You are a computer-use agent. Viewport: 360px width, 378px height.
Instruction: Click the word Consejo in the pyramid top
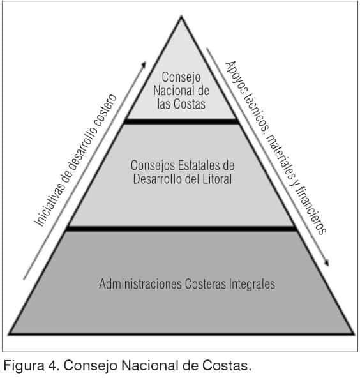coord(181,78)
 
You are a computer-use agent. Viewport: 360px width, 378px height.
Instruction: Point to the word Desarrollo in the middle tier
coord(156,179)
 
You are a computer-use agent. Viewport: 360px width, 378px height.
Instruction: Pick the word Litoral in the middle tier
coord(217,179)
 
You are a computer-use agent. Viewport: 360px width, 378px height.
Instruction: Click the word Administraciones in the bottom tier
coord(140,283)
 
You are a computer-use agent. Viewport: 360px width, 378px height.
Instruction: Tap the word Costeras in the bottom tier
coord(206,283)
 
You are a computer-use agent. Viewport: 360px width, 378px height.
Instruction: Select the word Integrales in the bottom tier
coord(252,283)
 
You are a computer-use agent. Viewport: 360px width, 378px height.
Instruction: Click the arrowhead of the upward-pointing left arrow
coord(144,64)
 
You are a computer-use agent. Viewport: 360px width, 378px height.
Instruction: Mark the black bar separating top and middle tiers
coord(181,121)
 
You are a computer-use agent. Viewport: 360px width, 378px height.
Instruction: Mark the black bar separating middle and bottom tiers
coord(181,229)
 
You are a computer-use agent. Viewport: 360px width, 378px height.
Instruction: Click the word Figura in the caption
coord(24,366)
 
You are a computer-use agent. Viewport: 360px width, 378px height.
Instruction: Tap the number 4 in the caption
coord(53,365)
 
